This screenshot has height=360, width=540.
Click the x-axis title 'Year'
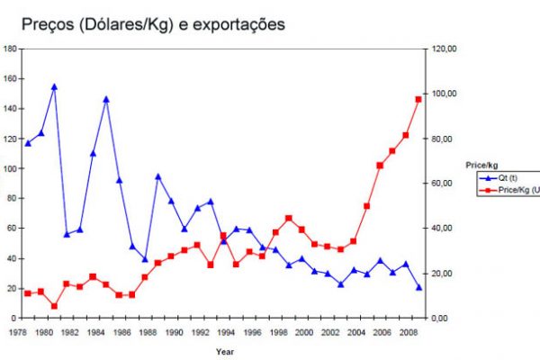pos(225,351)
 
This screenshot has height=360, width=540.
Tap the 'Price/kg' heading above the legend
pos(481,166)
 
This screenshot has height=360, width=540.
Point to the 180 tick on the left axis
pos(10,49)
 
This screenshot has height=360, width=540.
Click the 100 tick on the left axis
pos(10,168)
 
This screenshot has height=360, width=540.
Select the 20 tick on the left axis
pos(12,288)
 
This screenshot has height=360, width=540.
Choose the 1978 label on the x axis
pos(17,332)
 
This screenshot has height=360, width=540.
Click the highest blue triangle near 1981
pos(54,87)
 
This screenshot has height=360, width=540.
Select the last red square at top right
pos(418,99)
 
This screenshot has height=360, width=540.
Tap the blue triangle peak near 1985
pos(106,99)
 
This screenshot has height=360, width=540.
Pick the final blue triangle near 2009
pos(418,287)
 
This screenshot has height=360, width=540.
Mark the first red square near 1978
pos(28,293)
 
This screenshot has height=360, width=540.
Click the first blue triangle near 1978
pos(28,143)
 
